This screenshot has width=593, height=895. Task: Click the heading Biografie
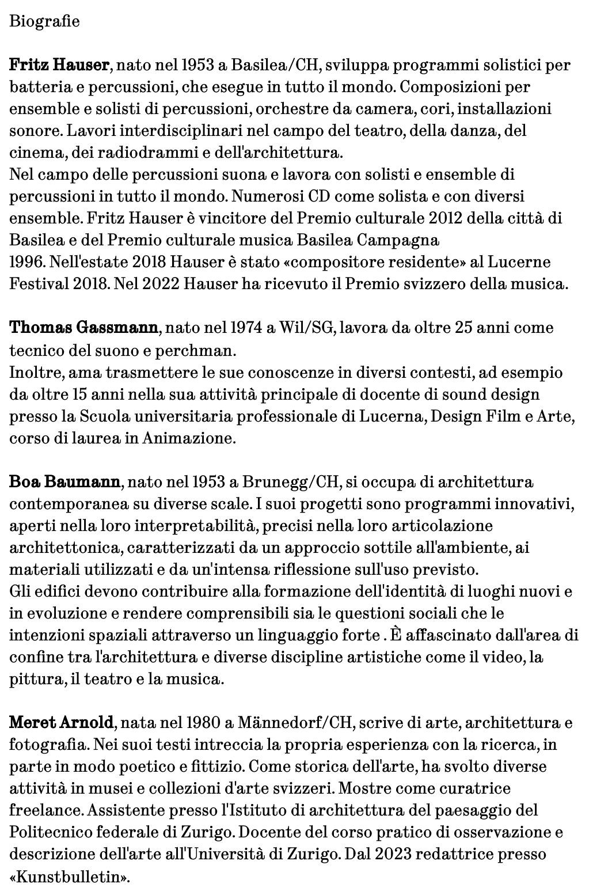click(44, 22)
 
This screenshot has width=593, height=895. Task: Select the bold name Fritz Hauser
click(59, 65)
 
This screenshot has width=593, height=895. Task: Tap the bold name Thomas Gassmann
click(83, 328)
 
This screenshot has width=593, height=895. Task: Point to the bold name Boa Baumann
click(65, 481)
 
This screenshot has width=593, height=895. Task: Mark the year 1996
click(26, 263)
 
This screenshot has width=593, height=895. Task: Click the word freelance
click(46, 810)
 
